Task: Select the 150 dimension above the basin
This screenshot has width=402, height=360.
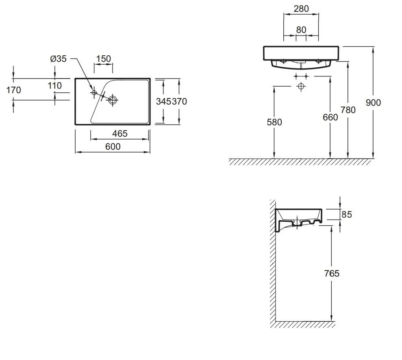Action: [x=103, y=59]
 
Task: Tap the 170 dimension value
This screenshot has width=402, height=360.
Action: [x=13, y=90]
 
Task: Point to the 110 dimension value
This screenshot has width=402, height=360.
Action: [x=54, y=85]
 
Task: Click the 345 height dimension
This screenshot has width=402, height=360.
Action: [x=164, y=101]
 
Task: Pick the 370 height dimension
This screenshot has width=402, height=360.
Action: [x=179, y=101]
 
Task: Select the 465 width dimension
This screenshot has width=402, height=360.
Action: [x=120, y=133]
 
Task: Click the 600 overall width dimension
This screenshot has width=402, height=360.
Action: [x=113, y=146]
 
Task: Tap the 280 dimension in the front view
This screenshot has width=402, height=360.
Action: [x=301, y=9]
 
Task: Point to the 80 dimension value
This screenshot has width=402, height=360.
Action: [x=301, y=30]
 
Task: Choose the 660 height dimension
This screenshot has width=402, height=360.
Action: [x=330, y=117]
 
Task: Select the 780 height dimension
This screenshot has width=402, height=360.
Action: [x=348, y=110]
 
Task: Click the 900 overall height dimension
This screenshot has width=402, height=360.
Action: [x=373, y=103]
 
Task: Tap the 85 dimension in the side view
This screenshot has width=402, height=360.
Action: [x=347, y=214]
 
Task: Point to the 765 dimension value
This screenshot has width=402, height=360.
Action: [x=332, y=273]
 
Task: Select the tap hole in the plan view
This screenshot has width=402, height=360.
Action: [x=94, y=93]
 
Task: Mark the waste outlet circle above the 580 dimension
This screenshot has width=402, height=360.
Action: [x=301, y=86]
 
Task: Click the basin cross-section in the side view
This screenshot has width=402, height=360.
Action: [x=299, y=220]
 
